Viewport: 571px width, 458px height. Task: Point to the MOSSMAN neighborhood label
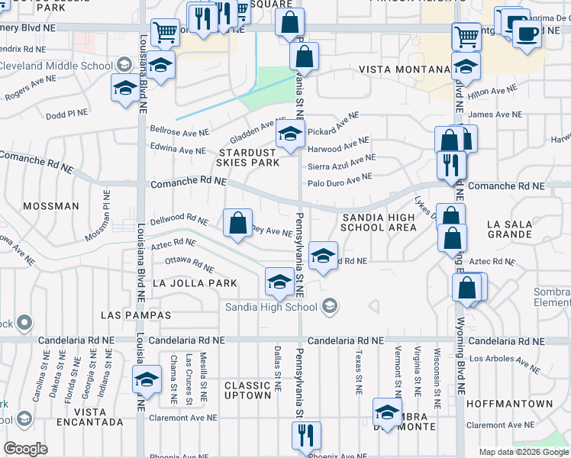[x=50, y=206]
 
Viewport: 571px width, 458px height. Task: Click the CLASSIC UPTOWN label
[x=247, y=390]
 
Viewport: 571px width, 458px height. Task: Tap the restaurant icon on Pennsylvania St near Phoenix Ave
[x=306, y=436]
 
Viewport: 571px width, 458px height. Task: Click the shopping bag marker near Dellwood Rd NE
[x=238, y=224]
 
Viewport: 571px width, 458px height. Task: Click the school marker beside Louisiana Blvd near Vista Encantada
[x=147, y=379]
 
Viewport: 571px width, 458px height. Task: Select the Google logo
[x=25, y=448]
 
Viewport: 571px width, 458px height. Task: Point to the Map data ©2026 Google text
[x=523, y=452]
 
